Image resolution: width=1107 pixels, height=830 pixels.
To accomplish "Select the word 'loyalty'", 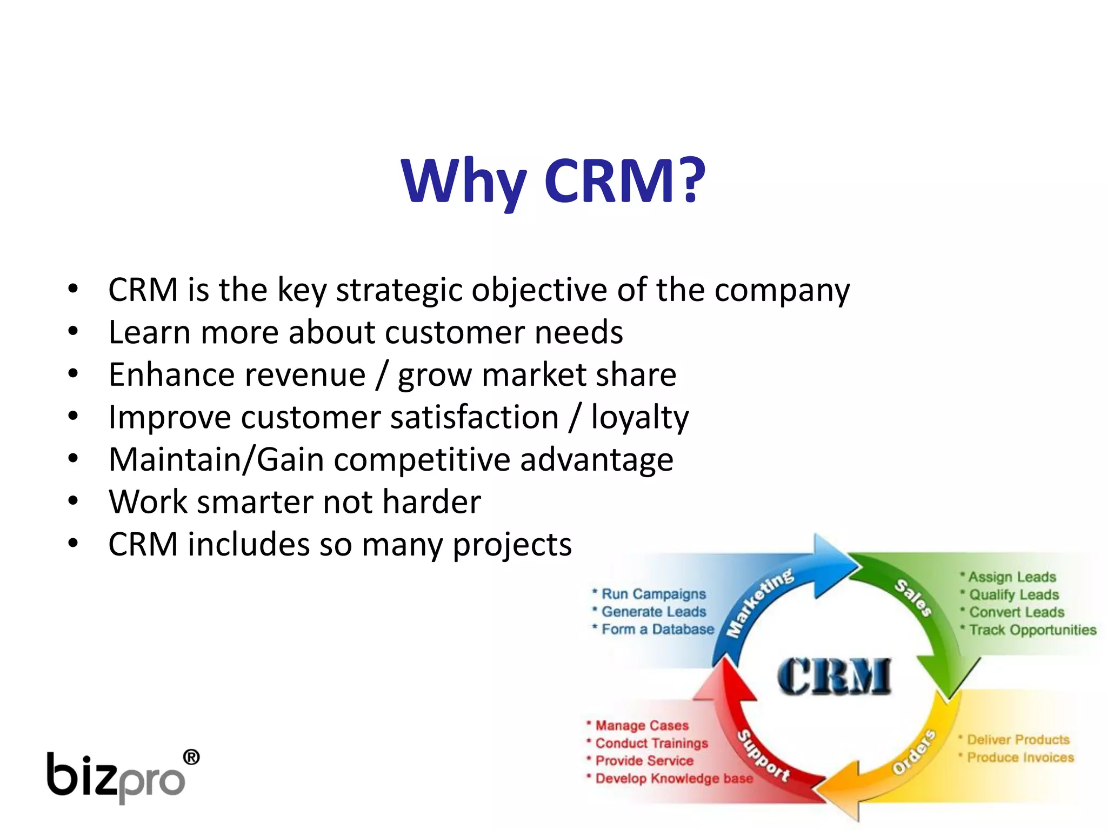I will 639,418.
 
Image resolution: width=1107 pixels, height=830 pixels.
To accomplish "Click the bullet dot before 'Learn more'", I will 73,331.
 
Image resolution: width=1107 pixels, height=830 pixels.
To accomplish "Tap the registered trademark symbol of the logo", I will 191,758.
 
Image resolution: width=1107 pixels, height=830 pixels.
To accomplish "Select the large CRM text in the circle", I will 834,677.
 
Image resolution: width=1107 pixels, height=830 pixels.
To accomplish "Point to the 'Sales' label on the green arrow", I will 913,597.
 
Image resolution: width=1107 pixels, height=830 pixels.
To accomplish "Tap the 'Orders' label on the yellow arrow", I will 913,752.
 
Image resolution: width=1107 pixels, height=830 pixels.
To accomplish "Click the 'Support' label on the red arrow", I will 763,755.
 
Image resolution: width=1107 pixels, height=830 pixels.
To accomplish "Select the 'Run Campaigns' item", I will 653,594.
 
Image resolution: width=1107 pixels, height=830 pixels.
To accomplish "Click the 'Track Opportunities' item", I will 1032,630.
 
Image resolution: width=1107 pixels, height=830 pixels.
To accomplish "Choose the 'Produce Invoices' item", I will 1020,758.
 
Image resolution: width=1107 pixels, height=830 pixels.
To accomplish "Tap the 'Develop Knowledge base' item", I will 673,779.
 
